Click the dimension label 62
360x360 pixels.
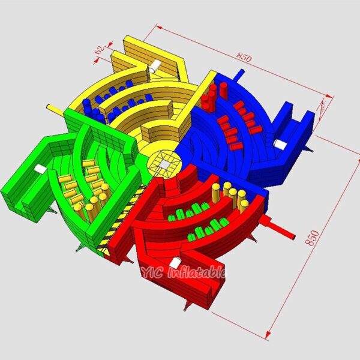[100, 50]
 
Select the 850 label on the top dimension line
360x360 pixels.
[244, 57]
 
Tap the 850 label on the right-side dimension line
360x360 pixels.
[312, 238]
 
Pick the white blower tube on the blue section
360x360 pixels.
[280, 144]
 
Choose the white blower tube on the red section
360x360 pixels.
[175, 263]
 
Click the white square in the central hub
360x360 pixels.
[164, 164]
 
